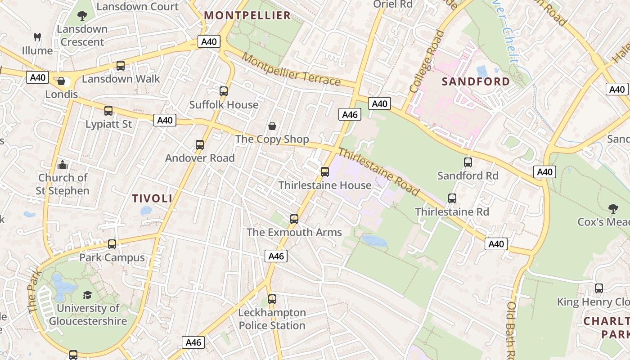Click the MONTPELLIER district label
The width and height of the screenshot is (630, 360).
(247, 15)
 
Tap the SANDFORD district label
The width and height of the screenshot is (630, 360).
(476, 82)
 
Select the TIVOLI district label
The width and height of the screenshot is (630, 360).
(152, 198)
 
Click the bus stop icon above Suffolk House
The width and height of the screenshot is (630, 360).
(224, 91)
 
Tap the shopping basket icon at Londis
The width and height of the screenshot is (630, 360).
(61, 81)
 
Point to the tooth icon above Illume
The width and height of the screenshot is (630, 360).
(37, 37)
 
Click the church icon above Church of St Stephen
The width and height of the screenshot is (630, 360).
(63, 164)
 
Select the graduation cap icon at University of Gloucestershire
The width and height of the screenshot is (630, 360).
(87, 295)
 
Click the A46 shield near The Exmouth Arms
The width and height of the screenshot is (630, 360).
(276, 256)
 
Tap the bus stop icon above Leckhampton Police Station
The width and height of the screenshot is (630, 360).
(272, 299)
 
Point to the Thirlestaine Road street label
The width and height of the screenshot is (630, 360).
(379, 171)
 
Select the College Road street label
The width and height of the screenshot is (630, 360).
(427, 61)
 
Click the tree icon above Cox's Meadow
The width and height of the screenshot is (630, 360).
(613, 208)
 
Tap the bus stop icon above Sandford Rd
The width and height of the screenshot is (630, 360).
(468, 162)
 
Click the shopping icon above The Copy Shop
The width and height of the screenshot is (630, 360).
(272, 126)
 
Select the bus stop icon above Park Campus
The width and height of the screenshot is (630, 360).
(112, 244)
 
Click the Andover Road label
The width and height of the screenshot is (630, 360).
(200, 158)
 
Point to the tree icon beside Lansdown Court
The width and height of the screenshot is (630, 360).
(82, 16)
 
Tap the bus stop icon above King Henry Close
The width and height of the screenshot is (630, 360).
(599, 288)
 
